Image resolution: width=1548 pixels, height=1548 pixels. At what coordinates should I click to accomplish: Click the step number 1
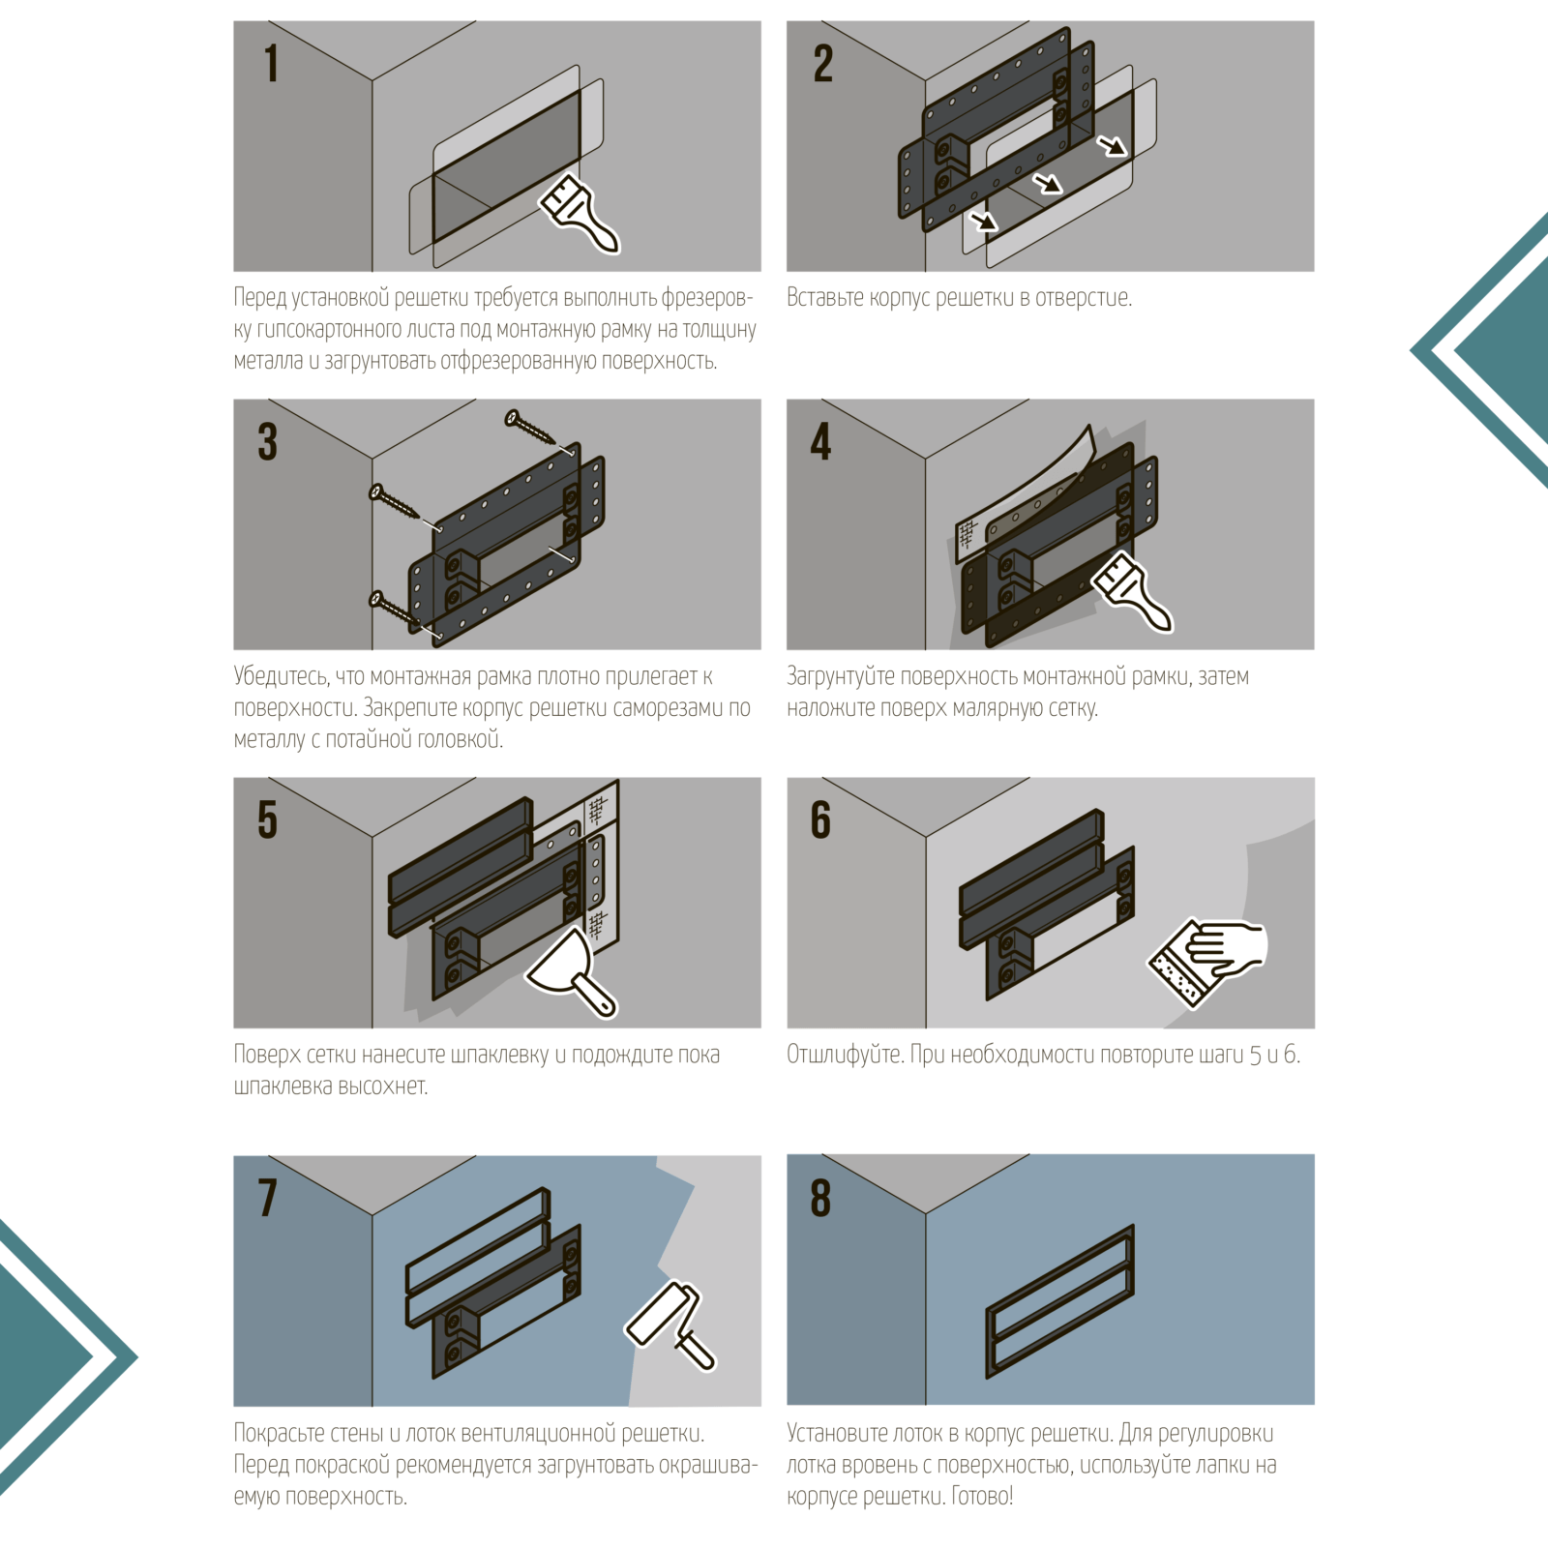[x=272, y=63]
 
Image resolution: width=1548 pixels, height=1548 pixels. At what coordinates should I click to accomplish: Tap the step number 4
[x=820, y=441]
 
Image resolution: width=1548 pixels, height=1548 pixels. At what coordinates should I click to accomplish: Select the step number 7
[x=268, y=1198]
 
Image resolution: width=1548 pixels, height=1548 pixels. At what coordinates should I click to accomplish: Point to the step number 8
[x=820, y=1198]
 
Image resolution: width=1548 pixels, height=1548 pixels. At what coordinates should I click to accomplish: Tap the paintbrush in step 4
[x=1132, y=592]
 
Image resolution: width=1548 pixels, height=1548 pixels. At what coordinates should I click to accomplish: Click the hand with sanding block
[x=1207, y=960]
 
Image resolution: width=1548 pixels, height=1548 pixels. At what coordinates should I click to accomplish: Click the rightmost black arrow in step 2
[x=1113, y=145]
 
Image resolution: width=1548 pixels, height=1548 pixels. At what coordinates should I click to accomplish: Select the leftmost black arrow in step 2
[x=984, y=221]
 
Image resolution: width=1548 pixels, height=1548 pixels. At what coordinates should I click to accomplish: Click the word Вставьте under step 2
[x=825, y=297]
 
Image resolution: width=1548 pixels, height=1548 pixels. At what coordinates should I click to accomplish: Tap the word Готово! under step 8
[x=982, y=1496]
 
